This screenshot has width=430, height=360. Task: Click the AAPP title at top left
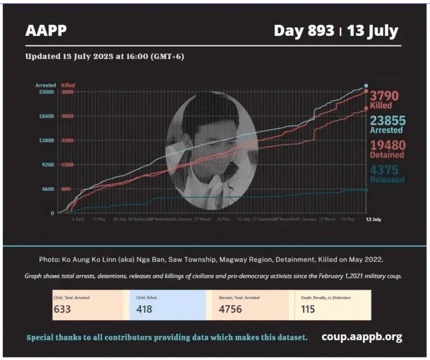click(x=46, y=30)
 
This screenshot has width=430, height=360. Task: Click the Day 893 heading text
click(x=304, y=30)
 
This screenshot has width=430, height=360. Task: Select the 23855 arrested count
click(x=388, y=120)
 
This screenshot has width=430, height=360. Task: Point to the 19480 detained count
click(x=387, y=145)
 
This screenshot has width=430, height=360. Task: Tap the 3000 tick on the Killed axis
click(x=67, y=116)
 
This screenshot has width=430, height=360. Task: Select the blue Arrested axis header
click(x=45, y=85)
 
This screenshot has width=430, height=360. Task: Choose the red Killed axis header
click(x=68, y=85)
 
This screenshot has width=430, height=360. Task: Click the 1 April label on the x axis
click(x=78, y=219)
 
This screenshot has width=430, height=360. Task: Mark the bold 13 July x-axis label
click(x=373, y=219)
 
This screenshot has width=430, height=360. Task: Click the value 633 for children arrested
click(x=62, y=309)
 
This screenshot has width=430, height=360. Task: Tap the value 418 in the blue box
click(x=144, y=309)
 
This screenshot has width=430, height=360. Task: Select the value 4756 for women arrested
click(x=230, y=309)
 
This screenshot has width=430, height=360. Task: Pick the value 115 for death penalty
click(x=308, y=309)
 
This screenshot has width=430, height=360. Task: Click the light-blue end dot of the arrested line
click(x=366, y=85)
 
